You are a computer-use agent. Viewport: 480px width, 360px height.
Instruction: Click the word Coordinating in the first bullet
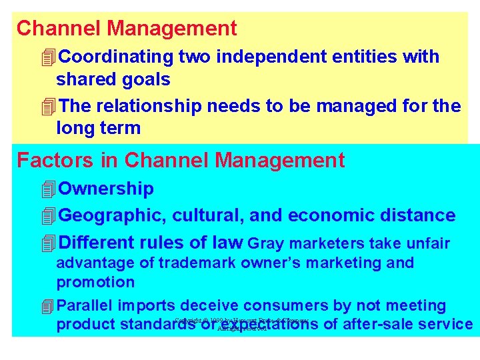pyautogui.click(x=116, y=57)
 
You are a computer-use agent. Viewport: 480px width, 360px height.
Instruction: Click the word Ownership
pyautogui.click(x=106, y=189)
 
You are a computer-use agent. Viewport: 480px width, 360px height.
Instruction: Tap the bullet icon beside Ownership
pyautogui.click(x=47, y=190)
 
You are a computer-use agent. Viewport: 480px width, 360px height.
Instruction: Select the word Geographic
pyautogui.click(x=113, y=215)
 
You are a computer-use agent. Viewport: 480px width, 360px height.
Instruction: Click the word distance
pyautogui.click(x=421, y=215)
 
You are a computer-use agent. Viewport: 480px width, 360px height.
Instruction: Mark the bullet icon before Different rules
pyautogui.click(x=47, y=244)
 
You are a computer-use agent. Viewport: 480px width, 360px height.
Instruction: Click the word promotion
pyautogui.click(x=95, y=282)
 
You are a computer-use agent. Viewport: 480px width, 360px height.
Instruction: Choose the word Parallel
pyautogui.click(x=86, y=306)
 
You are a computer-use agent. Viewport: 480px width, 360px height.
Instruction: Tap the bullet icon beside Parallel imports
pyautogui.click(x=47, y=307)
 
